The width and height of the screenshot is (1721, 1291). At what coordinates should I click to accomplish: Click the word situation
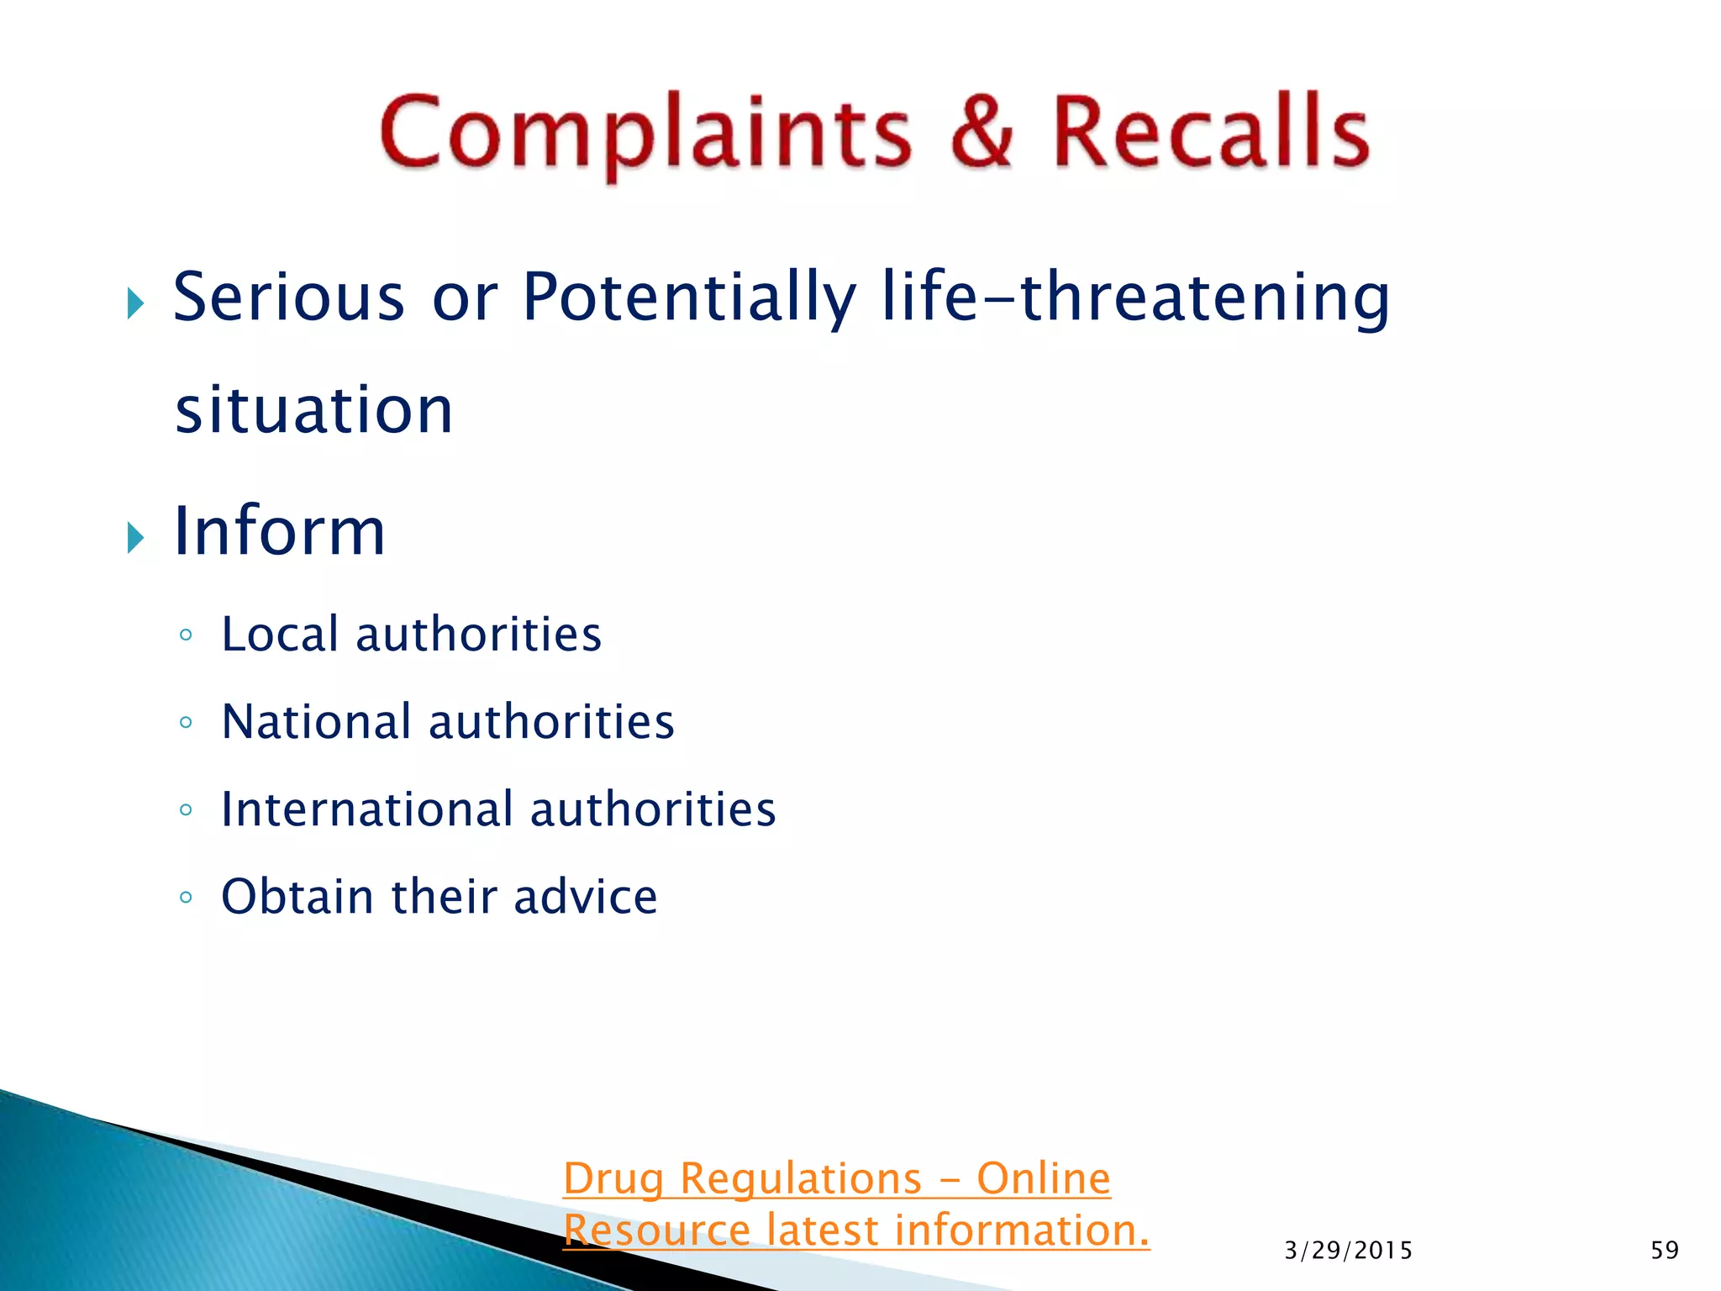314,410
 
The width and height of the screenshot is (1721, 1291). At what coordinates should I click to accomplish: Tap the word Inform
279,531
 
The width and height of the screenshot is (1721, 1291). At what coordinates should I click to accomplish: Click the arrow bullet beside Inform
136,537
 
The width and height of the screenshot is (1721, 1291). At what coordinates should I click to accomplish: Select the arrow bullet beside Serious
136,303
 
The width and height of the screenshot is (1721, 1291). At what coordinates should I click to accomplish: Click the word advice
586,897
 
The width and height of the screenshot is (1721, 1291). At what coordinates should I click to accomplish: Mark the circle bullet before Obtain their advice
186,898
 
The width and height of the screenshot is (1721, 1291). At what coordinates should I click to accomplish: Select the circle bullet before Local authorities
186,635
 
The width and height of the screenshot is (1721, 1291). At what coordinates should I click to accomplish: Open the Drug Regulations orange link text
837,1178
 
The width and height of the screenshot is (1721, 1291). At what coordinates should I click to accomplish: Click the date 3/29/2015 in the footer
1348,1251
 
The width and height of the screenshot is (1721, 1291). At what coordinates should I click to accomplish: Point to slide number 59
1665,1251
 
